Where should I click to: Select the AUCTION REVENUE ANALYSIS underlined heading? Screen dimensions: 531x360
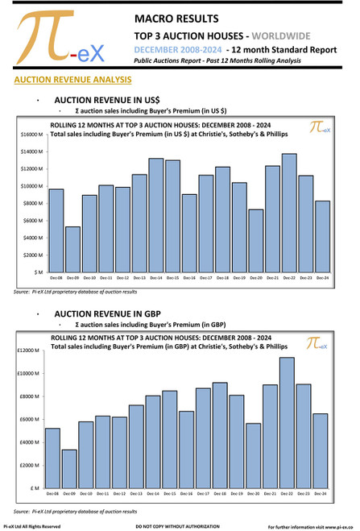[x=67, y=81]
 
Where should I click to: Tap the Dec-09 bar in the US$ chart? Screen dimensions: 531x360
[x=73, y=250]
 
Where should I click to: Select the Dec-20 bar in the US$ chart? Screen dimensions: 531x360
[x=255, y=242]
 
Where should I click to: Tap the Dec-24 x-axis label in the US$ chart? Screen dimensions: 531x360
[x=321, y=279]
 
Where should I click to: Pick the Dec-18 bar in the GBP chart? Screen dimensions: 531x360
[x=220, y=435]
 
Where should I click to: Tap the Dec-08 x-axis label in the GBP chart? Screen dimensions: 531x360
[x=53, y=493]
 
